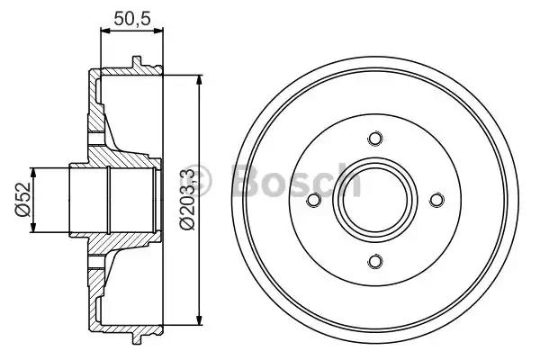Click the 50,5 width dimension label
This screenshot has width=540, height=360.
pos(132,18)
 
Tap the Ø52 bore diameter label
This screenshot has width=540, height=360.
pos(23,200)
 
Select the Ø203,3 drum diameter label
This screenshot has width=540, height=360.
pos(187,200)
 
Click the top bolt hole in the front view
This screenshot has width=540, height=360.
pos(375,139)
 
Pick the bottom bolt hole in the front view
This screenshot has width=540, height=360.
pos(375,261)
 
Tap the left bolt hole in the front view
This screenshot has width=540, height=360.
pos(314,200)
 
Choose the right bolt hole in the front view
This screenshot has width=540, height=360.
pos(436,200)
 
